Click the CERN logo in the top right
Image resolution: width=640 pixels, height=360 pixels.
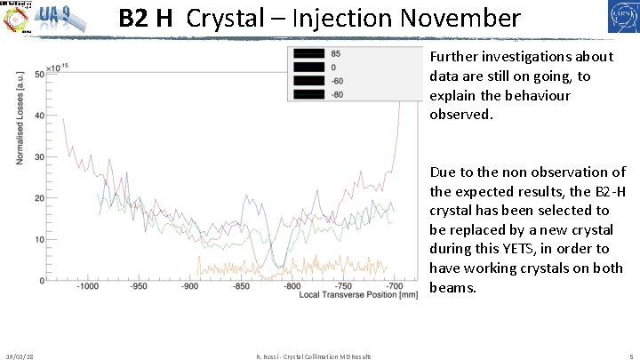[614, 19]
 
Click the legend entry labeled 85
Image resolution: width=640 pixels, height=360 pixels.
[334, 54]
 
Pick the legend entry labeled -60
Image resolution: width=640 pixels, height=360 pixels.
[337, 81]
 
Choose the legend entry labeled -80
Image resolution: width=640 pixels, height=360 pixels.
[337, 94]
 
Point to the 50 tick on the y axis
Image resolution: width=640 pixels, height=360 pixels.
[40, 75]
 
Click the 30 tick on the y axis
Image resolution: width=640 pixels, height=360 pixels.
[40, 157]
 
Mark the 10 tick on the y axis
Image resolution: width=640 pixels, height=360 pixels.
[40, 240]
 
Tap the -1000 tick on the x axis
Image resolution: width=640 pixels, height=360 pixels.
[87, 288]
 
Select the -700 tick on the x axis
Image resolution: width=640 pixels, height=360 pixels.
[395, 288]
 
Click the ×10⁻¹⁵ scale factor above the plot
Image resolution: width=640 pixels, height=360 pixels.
[58, 67]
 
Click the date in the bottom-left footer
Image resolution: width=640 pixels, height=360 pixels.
[20, 356]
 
